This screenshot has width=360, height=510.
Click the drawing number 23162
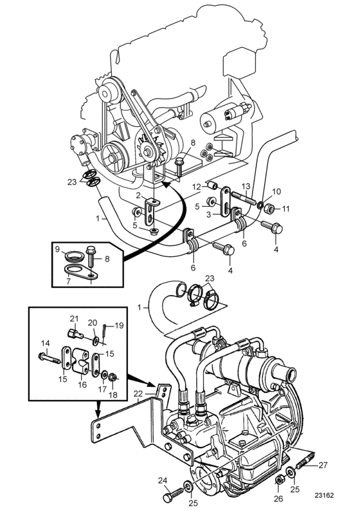323,495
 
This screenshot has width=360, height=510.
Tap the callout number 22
138,394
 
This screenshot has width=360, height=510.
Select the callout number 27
323,465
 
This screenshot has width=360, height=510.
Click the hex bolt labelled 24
174,495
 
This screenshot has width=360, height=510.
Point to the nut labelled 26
278,480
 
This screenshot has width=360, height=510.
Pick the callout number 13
246,186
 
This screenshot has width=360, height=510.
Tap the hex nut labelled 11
269,207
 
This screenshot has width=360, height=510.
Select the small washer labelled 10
260,205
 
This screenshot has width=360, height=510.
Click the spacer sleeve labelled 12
213,186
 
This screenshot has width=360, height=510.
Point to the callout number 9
57,250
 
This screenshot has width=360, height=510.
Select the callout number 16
82,384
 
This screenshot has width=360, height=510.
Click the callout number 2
138,196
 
